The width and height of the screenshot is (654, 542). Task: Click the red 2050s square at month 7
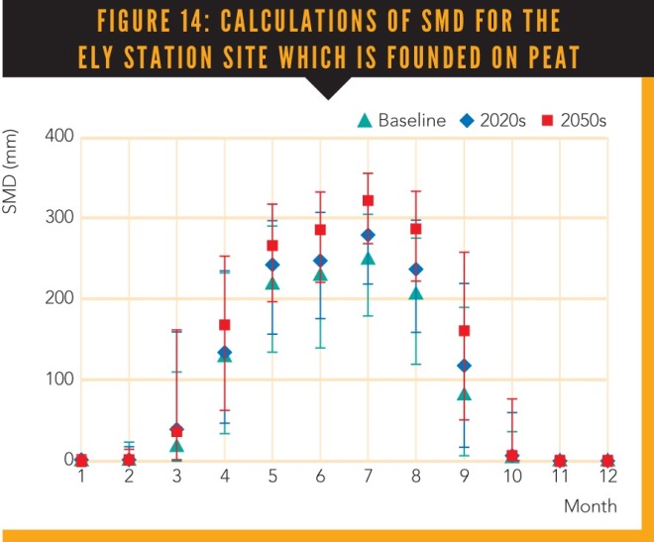[x=368, y=201]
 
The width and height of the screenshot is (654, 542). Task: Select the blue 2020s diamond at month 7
[x=368, y=235]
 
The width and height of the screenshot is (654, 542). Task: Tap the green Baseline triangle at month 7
[x=368, y=259]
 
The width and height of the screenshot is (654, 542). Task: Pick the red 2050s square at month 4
[x=224, y=325]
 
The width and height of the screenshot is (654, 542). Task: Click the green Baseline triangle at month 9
[x=463, y=394]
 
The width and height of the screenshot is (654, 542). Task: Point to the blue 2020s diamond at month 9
[x=463, y=366]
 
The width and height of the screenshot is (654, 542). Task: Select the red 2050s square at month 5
[x=272, y=246]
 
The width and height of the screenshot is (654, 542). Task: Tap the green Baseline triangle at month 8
[x=415, y=293]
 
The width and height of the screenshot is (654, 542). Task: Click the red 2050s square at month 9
[x=463, y=331]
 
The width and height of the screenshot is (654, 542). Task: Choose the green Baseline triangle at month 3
[x=176, y=446]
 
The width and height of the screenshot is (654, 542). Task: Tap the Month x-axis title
[x=591, y=506]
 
